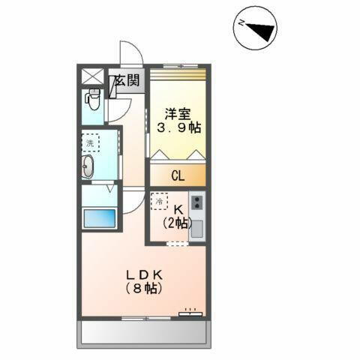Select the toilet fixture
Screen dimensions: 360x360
(94, 99)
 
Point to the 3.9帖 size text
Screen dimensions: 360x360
(178, 127)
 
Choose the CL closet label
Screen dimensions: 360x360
(178, 177)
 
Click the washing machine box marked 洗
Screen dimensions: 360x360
(91, 142)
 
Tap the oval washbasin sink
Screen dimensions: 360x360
(88, 167)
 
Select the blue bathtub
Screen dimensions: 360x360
(99, 220)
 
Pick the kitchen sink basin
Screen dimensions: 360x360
(196, 229)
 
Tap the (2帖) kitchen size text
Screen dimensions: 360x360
(177, 223)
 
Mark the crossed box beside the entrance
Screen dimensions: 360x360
(94, 76)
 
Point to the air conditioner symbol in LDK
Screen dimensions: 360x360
(190, 312)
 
